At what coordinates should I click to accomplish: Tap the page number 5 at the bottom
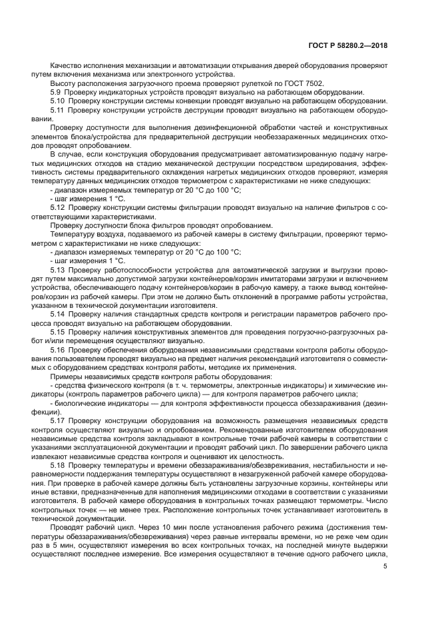tap(385, 566)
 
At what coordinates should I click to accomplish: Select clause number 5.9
tap(56, 91)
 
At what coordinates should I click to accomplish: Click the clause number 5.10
tap(57, 100)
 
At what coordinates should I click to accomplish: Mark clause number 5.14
tap(57, 311)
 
